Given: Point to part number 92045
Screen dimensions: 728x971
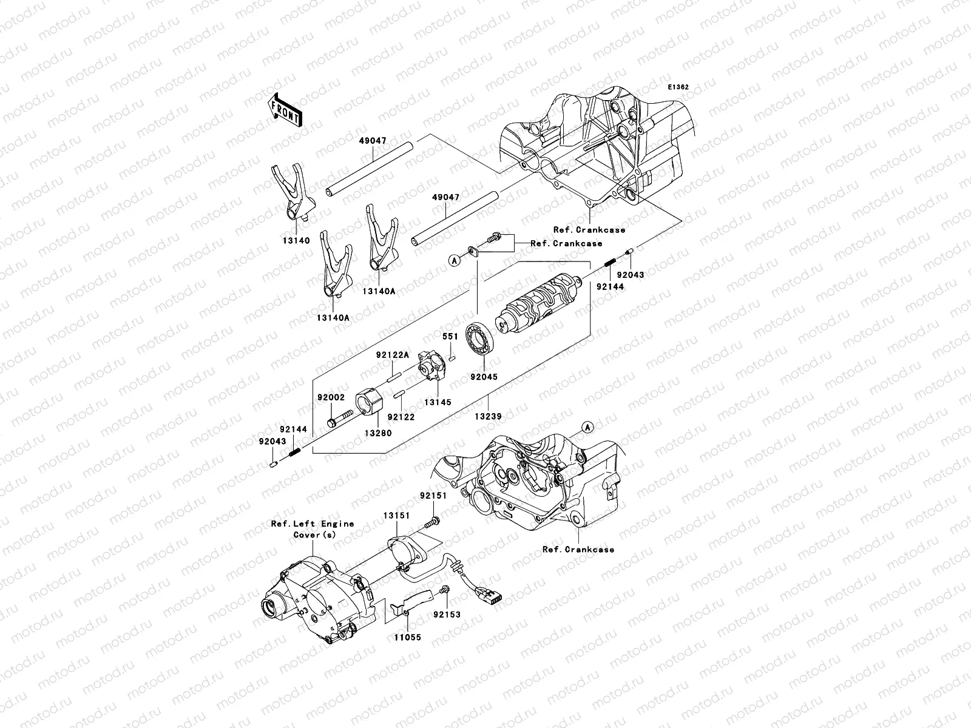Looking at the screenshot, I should (x=483, y=377).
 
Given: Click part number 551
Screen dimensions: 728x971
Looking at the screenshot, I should (x=450, y=335).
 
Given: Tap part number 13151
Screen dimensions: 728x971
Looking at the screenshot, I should (x=396, y=515).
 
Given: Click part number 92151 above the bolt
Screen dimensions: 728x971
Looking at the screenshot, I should (x=433, y=495).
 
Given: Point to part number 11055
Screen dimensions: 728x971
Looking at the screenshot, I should (x=408, y=638).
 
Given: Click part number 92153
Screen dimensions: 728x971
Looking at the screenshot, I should (x=447, y=614).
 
